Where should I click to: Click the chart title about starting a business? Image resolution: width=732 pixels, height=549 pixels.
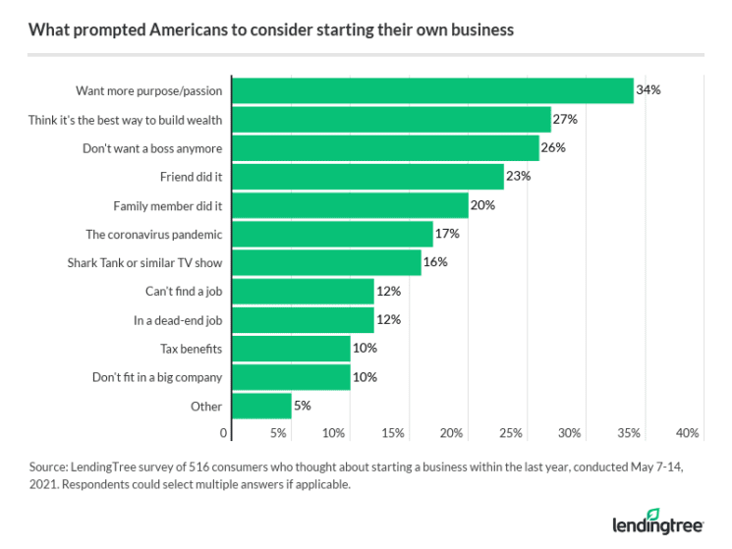click(270, 29)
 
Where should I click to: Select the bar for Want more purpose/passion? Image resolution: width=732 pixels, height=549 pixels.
click(432, 90)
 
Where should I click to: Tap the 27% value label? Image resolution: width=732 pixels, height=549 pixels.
click(565, 119)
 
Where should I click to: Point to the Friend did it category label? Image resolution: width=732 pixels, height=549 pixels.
click(192, 177)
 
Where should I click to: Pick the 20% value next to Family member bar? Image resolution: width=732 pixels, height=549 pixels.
click(482, 205)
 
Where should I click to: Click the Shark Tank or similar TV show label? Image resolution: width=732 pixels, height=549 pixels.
click(145, 262)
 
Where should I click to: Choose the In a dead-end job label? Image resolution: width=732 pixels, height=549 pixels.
click(178, 320)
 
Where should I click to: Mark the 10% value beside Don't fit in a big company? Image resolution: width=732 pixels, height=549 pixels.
click(365, 377)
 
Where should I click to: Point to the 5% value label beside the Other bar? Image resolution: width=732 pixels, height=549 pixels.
click(303, 406)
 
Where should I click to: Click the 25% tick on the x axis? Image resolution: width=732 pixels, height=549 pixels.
click(511, 433)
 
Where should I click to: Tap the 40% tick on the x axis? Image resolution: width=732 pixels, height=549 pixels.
click(688, 433)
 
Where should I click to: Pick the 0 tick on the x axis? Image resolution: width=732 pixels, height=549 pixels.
click(224, 433)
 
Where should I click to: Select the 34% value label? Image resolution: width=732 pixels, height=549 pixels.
click(648, 90)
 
